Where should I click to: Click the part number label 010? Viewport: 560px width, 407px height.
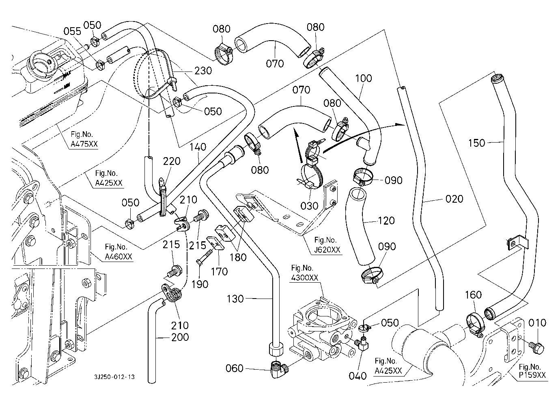tap(538, 323)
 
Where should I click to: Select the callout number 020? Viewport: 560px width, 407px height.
tap(454, 199)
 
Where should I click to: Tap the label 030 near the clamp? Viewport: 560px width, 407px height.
tap(309, 206)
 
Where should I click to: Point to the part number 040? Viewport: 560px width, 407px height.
tap(358, 376)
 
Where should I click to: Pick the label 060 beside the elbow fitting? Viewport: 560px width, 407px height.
tap(235, 368)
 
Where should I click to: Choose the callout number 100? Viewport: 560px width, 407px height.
tap(364, 78)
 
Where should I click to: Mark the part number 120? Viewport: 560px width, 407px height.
tap(386, 221)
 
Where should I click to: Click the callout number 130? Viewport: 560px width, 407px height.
tap(235, 299)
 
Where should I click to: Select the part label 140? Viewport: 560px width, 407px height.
tap(198, 147)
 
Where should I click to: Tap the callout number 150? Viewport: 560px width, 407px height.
tap(476, 143)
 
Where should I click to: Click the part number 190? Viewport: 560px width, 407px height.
tap(200, 284)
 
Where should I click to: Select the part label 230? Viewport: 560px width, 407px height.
tap(203, 70)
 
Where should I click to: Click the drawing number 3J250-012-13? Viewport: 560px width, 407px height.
tap(115, 377)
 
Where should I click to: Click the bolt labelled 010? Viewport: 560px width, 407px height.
tap(537, 346)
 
